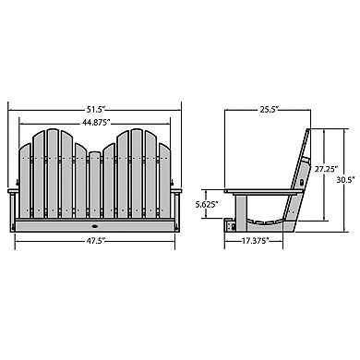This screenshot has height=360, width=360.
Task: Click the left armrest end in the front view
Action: pyautogui.click(x=13, y=191)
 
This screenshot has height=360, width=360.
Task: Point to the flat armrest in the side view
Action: pyautogui.click(x=263, y=191)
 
